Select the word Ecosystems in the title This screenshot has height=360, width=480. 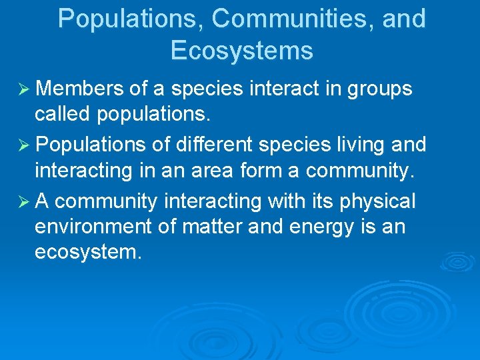click(241, 51)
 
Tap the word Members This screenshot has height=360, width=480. click(77, 89)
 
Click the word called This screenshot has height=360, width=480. click(63, 114)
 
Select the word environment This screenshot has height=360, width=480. click(93, 227)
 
